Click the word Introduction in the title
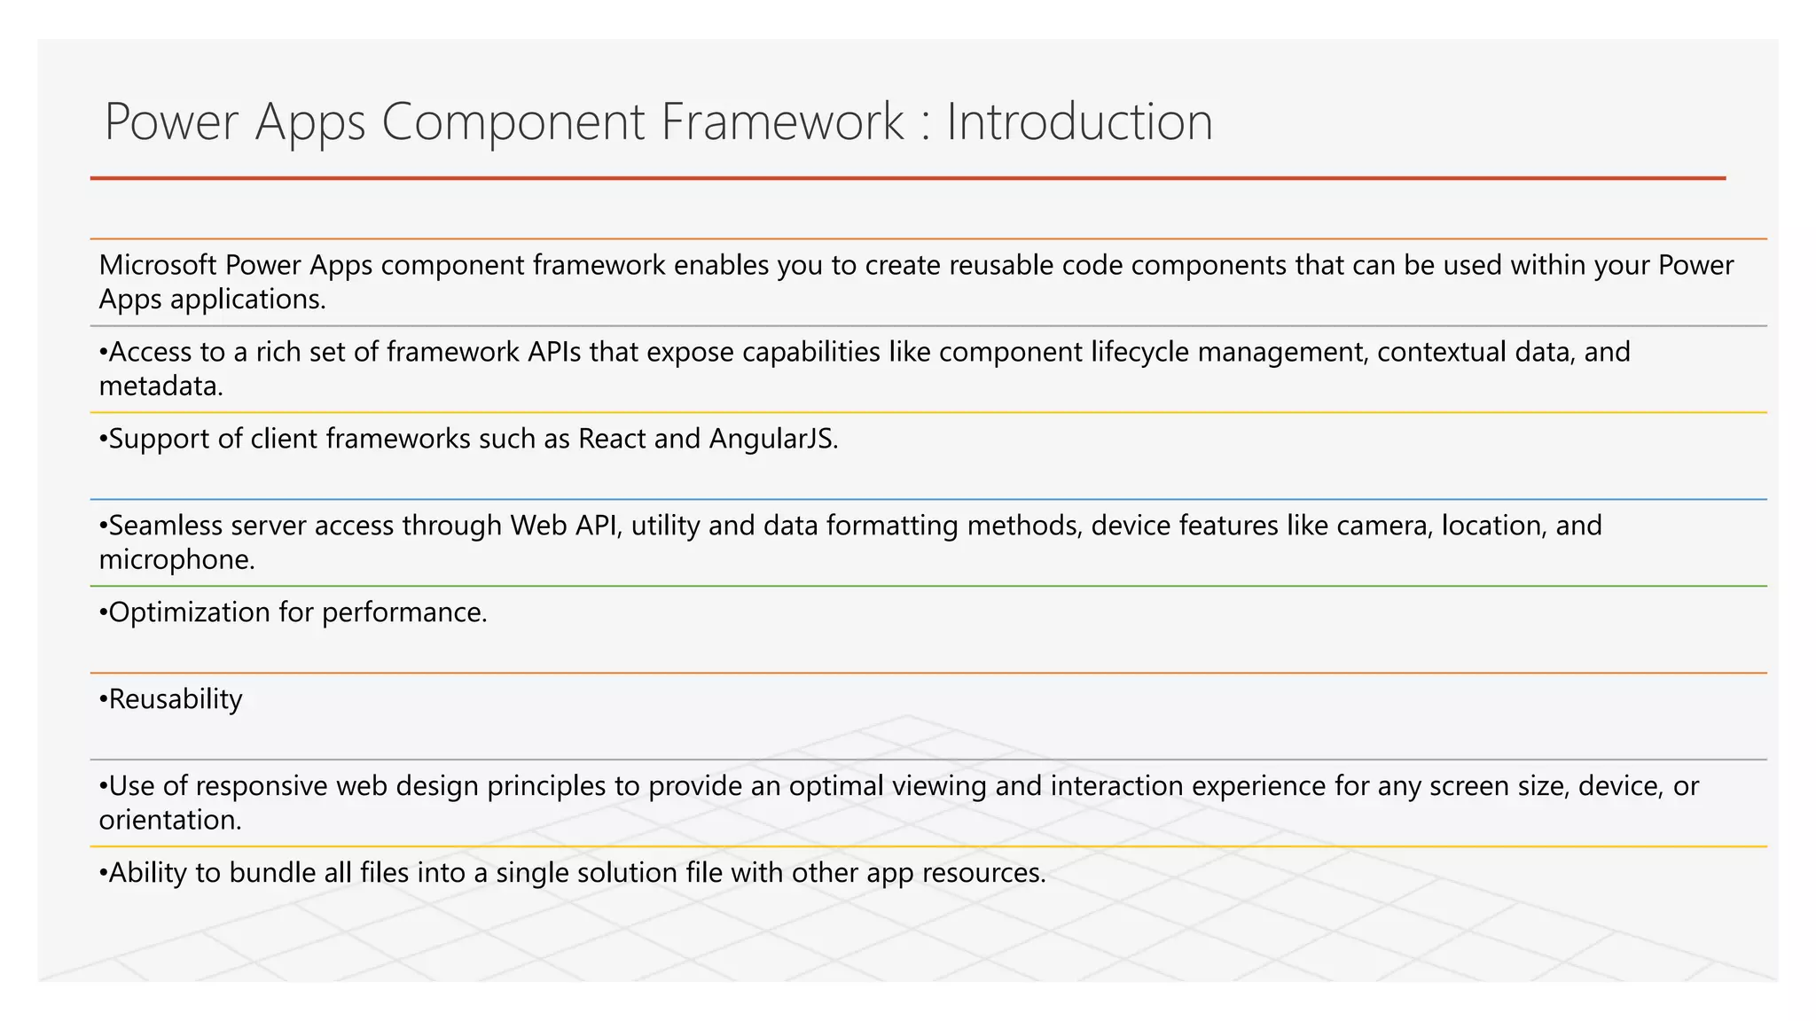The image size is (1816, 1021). pos(1079,121)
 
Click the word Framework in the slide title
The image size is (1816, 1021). pos(782,121)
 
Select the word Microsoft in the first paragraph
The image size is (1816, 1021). pos(158,265)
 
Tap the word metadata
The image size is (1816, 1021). pos(160,386)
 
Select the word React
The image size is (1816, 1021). pos(612,439)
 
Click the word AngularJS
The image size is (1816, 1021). pos(772,439)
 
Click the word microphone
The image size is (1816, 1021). pos(176,560)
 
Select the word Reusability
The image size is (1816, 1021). pos(175,699)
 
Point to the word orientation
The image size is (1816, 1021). pos(169,821)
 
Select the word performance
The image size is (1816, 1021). pos(403,612)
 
